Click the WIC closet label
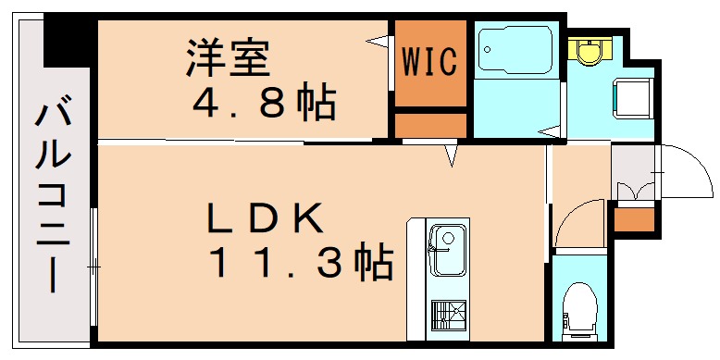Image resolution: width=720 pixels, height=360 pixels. tap(429, 63)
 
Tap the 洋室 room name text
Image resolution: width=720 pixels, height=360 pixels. tap(227, 58)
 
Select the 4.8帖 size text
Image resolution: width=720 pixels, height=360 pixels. tap(262, 104)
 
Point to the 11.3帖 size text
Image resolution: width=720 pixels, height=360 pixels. tap(300, 264)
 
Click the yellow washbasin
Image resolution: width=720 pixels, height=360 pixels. tap(586, 49)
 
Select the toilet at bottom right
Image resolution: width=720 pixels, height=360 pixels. tap(580, 304)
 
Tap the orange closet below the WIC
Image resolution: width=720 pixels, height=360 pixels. tap(429, 124)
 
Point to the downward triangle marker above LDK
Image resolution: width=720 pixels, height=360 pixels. tap(451, 155)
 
